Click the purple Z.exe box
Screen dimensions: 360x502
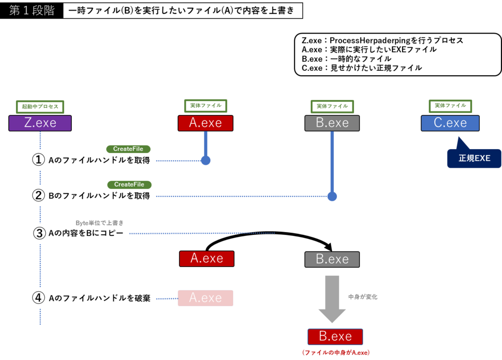[x=40, y=123]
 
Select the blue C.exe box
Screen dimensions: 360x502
[x=450, y=123]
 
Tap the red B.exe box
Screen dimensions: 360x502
[x=335, y=336]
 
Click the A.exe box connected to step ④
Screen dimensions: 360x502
[x=205, y=298]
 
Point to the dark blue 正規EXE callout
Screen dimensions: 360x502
[x=474, y=158]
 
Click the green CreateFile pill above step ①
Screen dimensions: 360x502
[x=128, y=149]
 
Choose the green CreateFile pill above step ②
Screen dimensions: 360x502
[x=129, y=185]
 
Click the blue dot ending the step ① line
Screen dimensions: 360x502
[x=206, y=161]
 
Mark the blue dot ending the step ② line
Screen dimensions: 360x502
[x=332, y=196]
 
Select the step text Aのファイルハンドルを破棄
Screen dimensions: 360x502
[x=99, y=298]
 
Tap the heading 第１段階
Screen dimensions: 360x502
[x=32, y=11]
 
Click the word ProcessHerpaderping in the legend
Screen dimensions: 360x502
[x=369, y=40]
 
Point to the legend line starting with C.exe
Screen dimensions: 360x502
[x=361, y=68]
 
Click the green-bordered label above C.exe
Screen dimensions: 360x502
[x=450, y=106]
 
